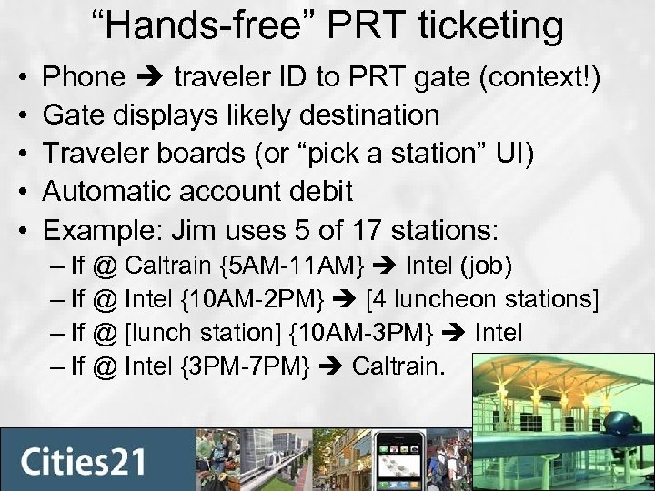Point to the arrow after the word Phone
[149, 77]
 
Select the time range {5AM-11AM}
[293, 266]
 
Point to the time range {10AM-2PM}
[270, 300]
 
